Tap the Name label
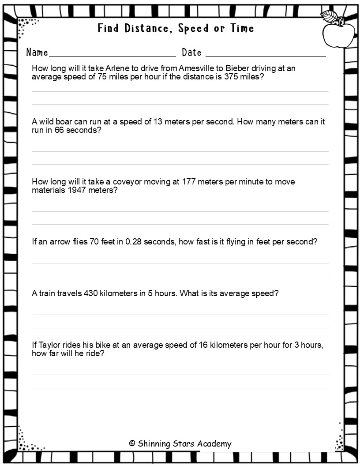click(x=37, y=53)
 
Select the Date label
click(x=192, y=53)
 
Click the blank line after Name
click(x=112, y=56)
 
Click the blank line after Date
click(x=266, y=56)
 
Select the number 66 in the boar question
click(x=60, y=131)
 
